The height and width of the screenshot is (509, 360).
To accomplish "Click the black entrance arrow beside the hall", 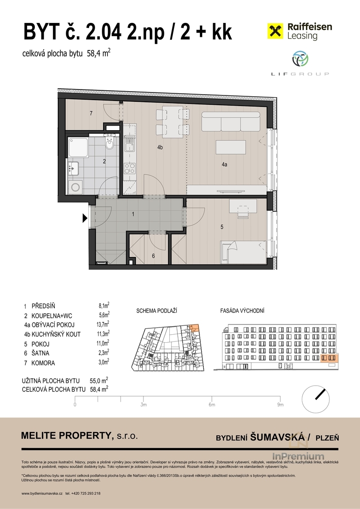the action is coord(84,218).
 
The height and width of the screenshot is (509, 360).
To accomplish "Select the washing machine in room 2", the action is coord(75,187).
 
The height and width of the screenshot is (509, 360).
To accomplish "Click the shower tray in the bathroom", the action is coord(78,147).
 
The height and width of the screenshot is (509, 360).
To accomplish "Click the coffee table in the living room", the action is coord(231,148).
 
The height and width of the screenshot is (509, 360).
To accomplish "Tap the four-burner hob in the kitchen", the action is coord(129,168).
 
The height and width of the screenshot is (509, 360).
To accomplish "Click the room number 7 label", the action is coord(91,113).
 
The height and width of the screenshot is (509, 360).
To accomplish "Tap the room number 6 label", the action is coord(153,256).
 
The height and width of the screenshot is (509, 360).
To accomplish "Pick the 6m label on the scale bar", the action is coord(212,405).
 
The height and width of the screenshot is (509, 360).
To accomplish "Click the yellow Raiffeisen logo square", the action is coord(275,31).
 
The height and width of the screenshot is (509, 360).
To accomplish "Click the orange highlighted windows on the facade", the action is coord(329,358).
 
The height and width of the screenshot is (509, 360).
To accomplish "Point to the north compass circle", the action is coord(315,399).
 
